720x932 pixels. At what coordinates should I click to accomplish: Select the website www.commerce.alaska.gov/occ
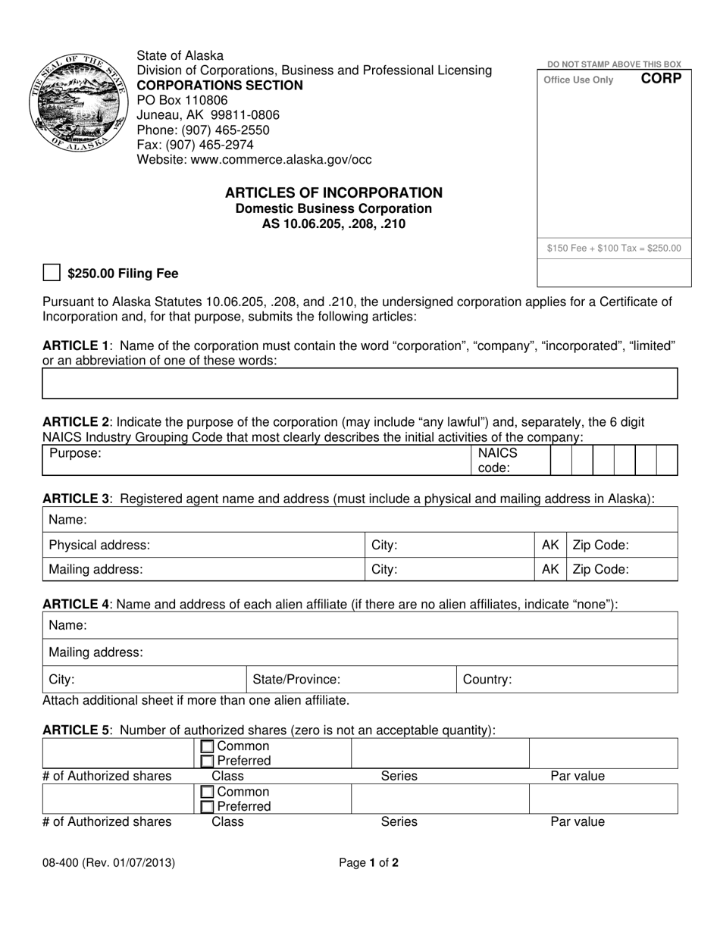[x=254, y=160]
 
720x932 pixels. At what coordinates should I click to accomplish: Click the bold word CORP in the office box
[x=661, y=79]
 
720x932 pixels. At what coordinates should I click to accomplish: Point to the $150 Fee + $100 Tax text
[x=613, y=248]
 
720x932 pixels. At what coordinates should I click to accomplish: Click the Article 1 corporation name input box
[x=359, y=383]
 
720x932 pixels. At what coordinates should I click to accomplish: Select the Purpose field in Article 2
[x=255, y=460]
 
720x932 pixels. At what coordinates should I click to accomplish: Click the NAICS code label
[x=496, y=460]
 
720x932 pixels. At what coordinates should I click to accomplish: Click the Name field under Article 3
[x=359, y=520]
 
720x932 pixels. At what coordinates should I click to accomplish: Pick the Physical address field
[x=203, y=545]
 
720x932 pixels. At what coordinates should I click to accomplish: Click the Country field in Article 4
[x=566, y=680]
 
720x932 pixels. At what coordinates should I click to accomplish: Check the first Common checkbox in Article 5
[x=208, y=747]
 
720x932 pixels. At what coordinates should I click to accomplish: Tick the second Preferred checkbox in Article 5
[x=208, y=807]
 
